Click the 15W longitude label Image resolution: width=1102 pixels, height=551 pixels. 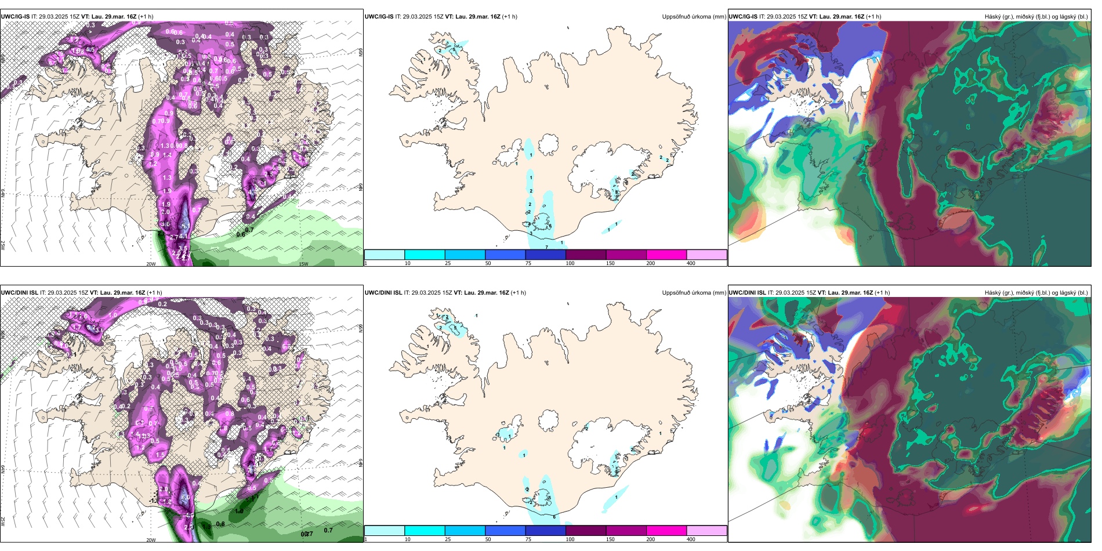click(x=303, y=264)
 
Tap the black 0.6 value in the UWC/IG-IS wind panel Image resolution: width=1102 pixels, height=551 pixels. click(x=240, y=234)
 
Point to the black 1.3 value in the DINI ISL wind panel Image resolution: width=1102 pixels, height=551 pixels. click(x=206, y=527)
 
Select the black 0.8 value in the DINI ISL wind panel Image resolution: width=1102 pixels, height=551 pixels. click(x=220, y=524)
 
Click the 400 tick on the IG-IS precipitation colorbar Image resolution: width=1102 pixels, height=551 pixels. click(x=691, y=263)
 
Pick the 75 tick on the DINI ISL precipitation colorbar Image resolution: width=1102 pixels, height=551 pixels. click(x=528, y=539)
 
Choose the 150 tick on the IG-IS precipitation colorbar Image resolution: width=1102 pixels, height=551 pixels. click(x=610, y=263)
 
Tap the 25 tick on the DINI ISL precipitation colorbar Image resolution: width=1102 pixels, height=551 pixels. click(x=447, y=539)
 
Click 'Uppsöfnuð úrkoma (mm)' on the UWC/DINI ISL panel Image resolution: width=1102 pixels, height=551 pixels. click(x=694, y=293)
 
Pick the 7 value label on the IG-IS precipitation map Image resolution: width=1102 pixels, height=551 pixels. click(x=546, y=247)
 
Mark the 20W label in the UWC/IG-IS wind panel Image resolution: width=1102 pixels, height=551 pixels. click(x=151, y=264)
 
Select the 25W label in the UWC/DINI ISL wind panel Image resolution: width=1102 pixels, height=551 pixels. click(x=3, y=521)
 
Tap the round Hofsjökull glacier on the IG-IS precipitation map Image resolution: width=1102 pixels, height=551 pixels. click(x=549, y=144)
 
